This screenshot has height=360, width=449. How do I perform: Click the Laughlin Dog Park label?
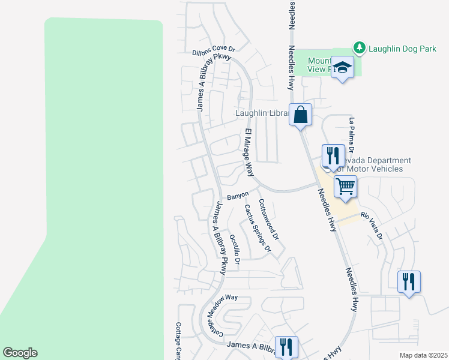coord(402,49)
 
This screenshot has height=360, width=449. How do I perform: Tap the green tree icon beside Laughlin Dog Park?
coord(359,47)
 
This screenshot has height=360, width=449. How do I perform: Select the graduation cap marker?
coord(343,68)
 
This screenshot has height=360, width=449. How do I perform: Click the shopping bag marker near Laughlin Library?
coord(301,114)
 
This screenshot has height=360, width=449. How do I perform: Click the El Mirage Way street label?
coord(249,152)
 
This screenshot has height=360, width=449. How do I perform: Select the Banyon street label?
coord(238,196)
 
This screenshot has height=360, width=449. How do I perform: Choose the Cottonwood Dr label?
coord(268,220)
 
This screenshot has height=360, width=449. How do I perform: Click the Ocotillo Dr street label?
coord(235,249)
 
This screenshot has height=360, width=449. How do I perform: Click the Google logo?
coord(20,353)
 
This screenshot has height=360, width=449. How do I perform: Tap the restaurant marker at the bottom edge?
coord(286,347)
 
